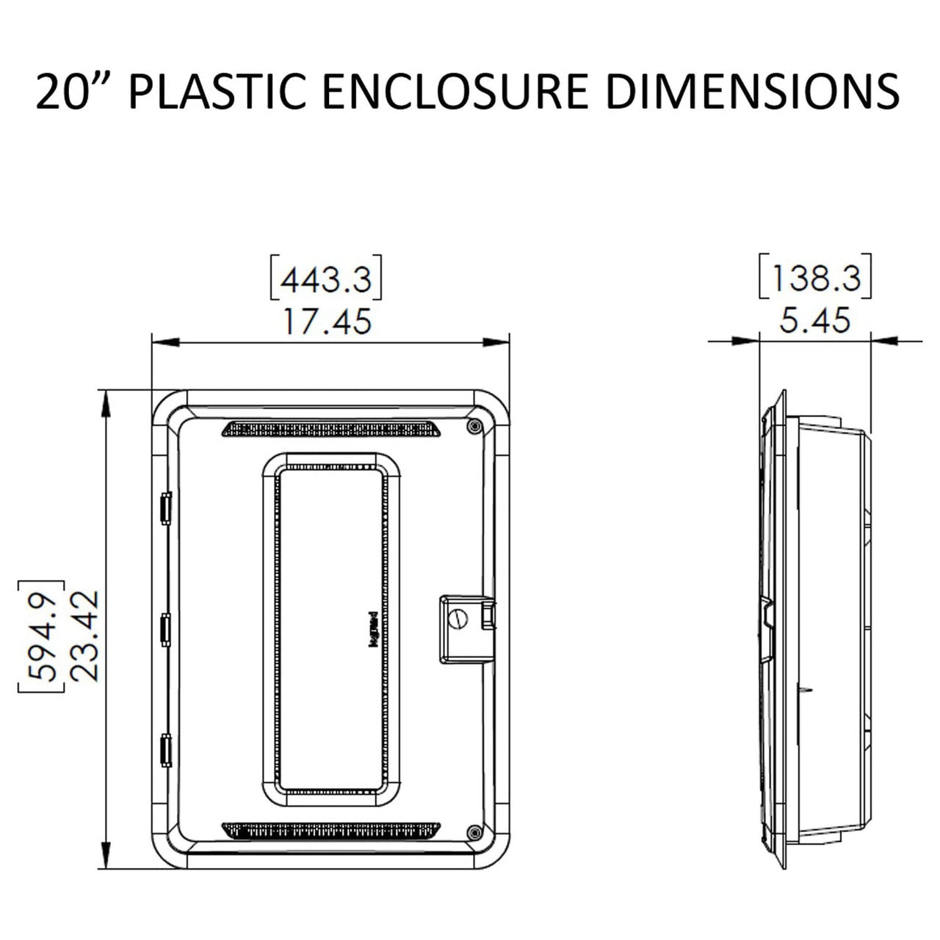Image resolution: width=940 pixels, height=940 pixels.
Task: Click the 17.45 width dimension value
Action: pyautogui.click(x=328, y=322)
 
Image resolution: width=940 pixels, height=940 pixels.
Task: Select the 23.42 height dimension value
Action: pyautogui.click(x=87, y=634)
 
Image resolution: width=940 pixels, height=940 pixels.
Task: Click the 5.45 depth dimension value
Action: pyautogui.click(x=815, y=321)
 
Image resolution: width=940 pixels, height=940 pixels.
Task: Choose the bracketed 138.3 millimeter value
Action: pyautogui.click(x=815, y=278)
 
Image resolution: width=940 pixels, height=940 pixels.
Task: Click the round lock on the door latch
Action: pyautogui.click(x=458, y=619)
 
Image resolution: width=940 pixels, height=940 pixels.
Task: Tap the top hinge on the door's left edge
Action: pyautogui.click(x=165, y=507)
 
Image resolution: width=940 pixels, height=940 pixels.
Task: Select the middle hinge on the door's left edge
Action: pyautogui.click(x=165, y=629)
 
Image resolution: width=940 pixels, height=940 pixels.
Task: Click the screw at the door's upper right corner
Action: pyautogui.click(x=474, y=426)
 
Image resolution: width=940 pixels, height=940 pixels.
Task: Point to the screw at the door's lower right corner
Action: pyautogui.click(x=474, y=832)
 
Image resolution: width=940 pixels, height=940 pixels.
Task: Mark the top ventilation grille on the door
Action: pyautogui.click(x=331, y=429)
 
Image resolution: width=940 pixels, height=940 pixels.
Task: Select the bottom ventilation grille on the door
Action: pyautogui.click(x=331, y=830)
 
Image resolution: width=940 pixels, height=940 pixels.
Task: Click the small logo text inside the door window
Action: pyautogui.click(x=371, y=628)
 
